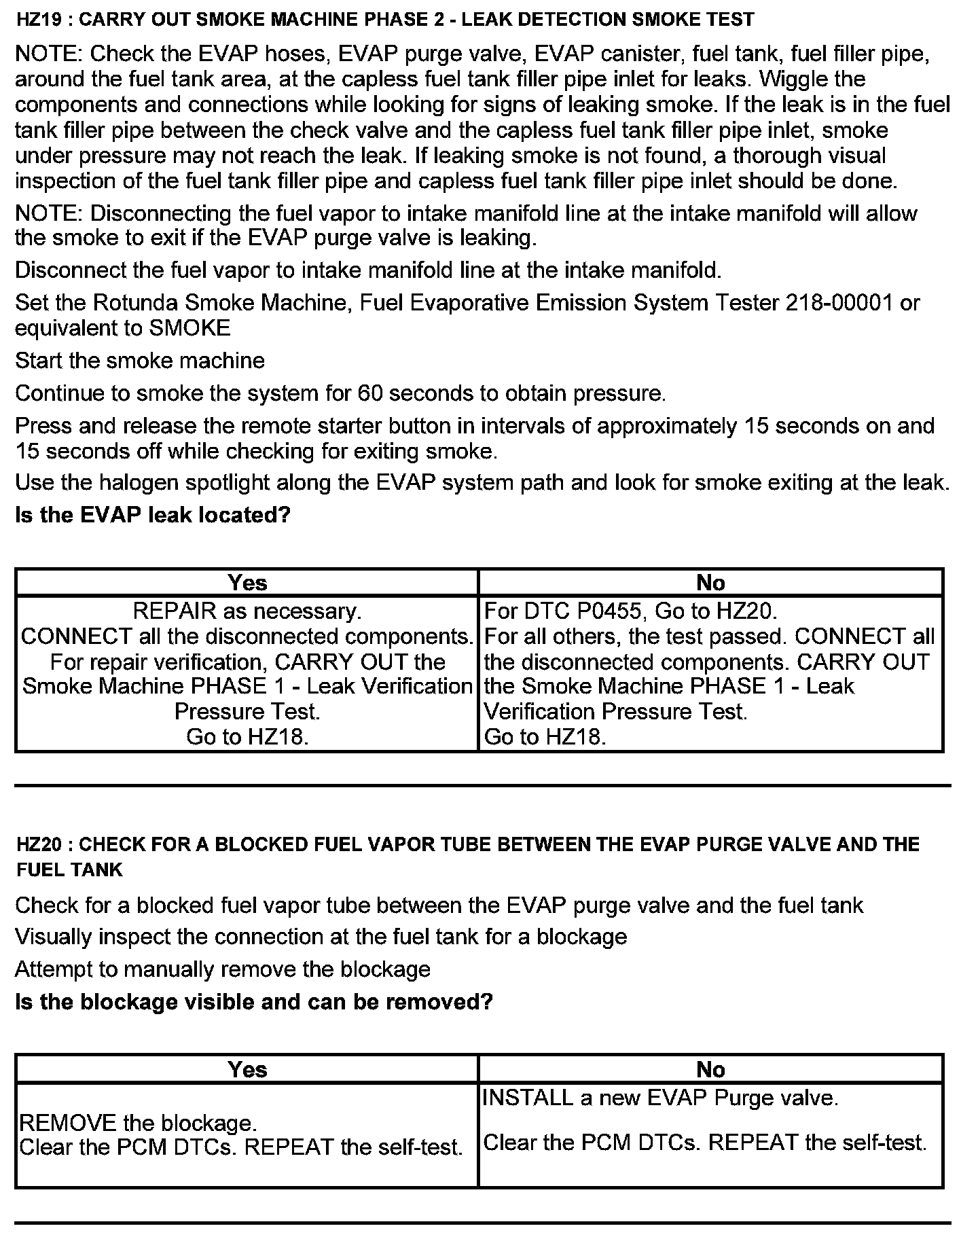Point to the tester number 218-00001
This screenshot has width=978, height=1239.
click(x=838, y=303)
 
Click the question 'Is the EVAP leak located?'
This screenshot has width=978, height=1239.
click(x=152, y=515)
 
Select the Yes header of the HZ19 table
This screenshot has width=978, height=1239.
click(x=247, y=583)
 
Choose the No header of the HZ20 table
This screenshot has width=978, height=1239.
click(x=710, y=1070)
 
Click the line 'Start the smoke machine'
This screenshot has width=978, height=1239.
click(x=140, y=361)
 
